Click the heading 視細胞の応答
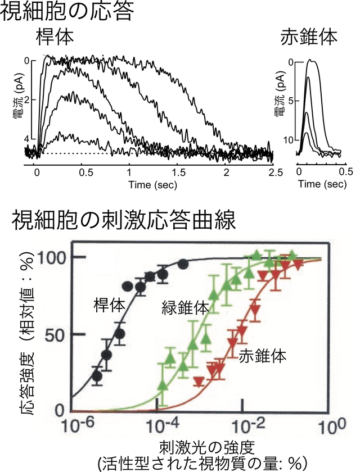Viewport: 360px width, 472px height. [x=67, y=12]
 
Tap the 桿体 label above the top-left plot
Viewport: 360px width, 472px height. [x=55, y=39]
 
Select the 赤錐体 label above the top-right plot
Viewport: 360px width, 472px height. [x=309, y=39]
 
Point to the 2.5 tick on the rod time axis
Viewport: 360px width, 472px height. [x=274, y=173]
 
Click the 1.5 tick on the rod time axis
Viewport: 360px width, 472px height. [x=177, y=173]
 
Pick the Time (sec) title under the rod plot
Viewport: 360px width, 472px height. [x=154, y=184]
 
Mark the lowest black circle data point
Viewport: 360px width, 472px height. [x=97, y=376]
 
